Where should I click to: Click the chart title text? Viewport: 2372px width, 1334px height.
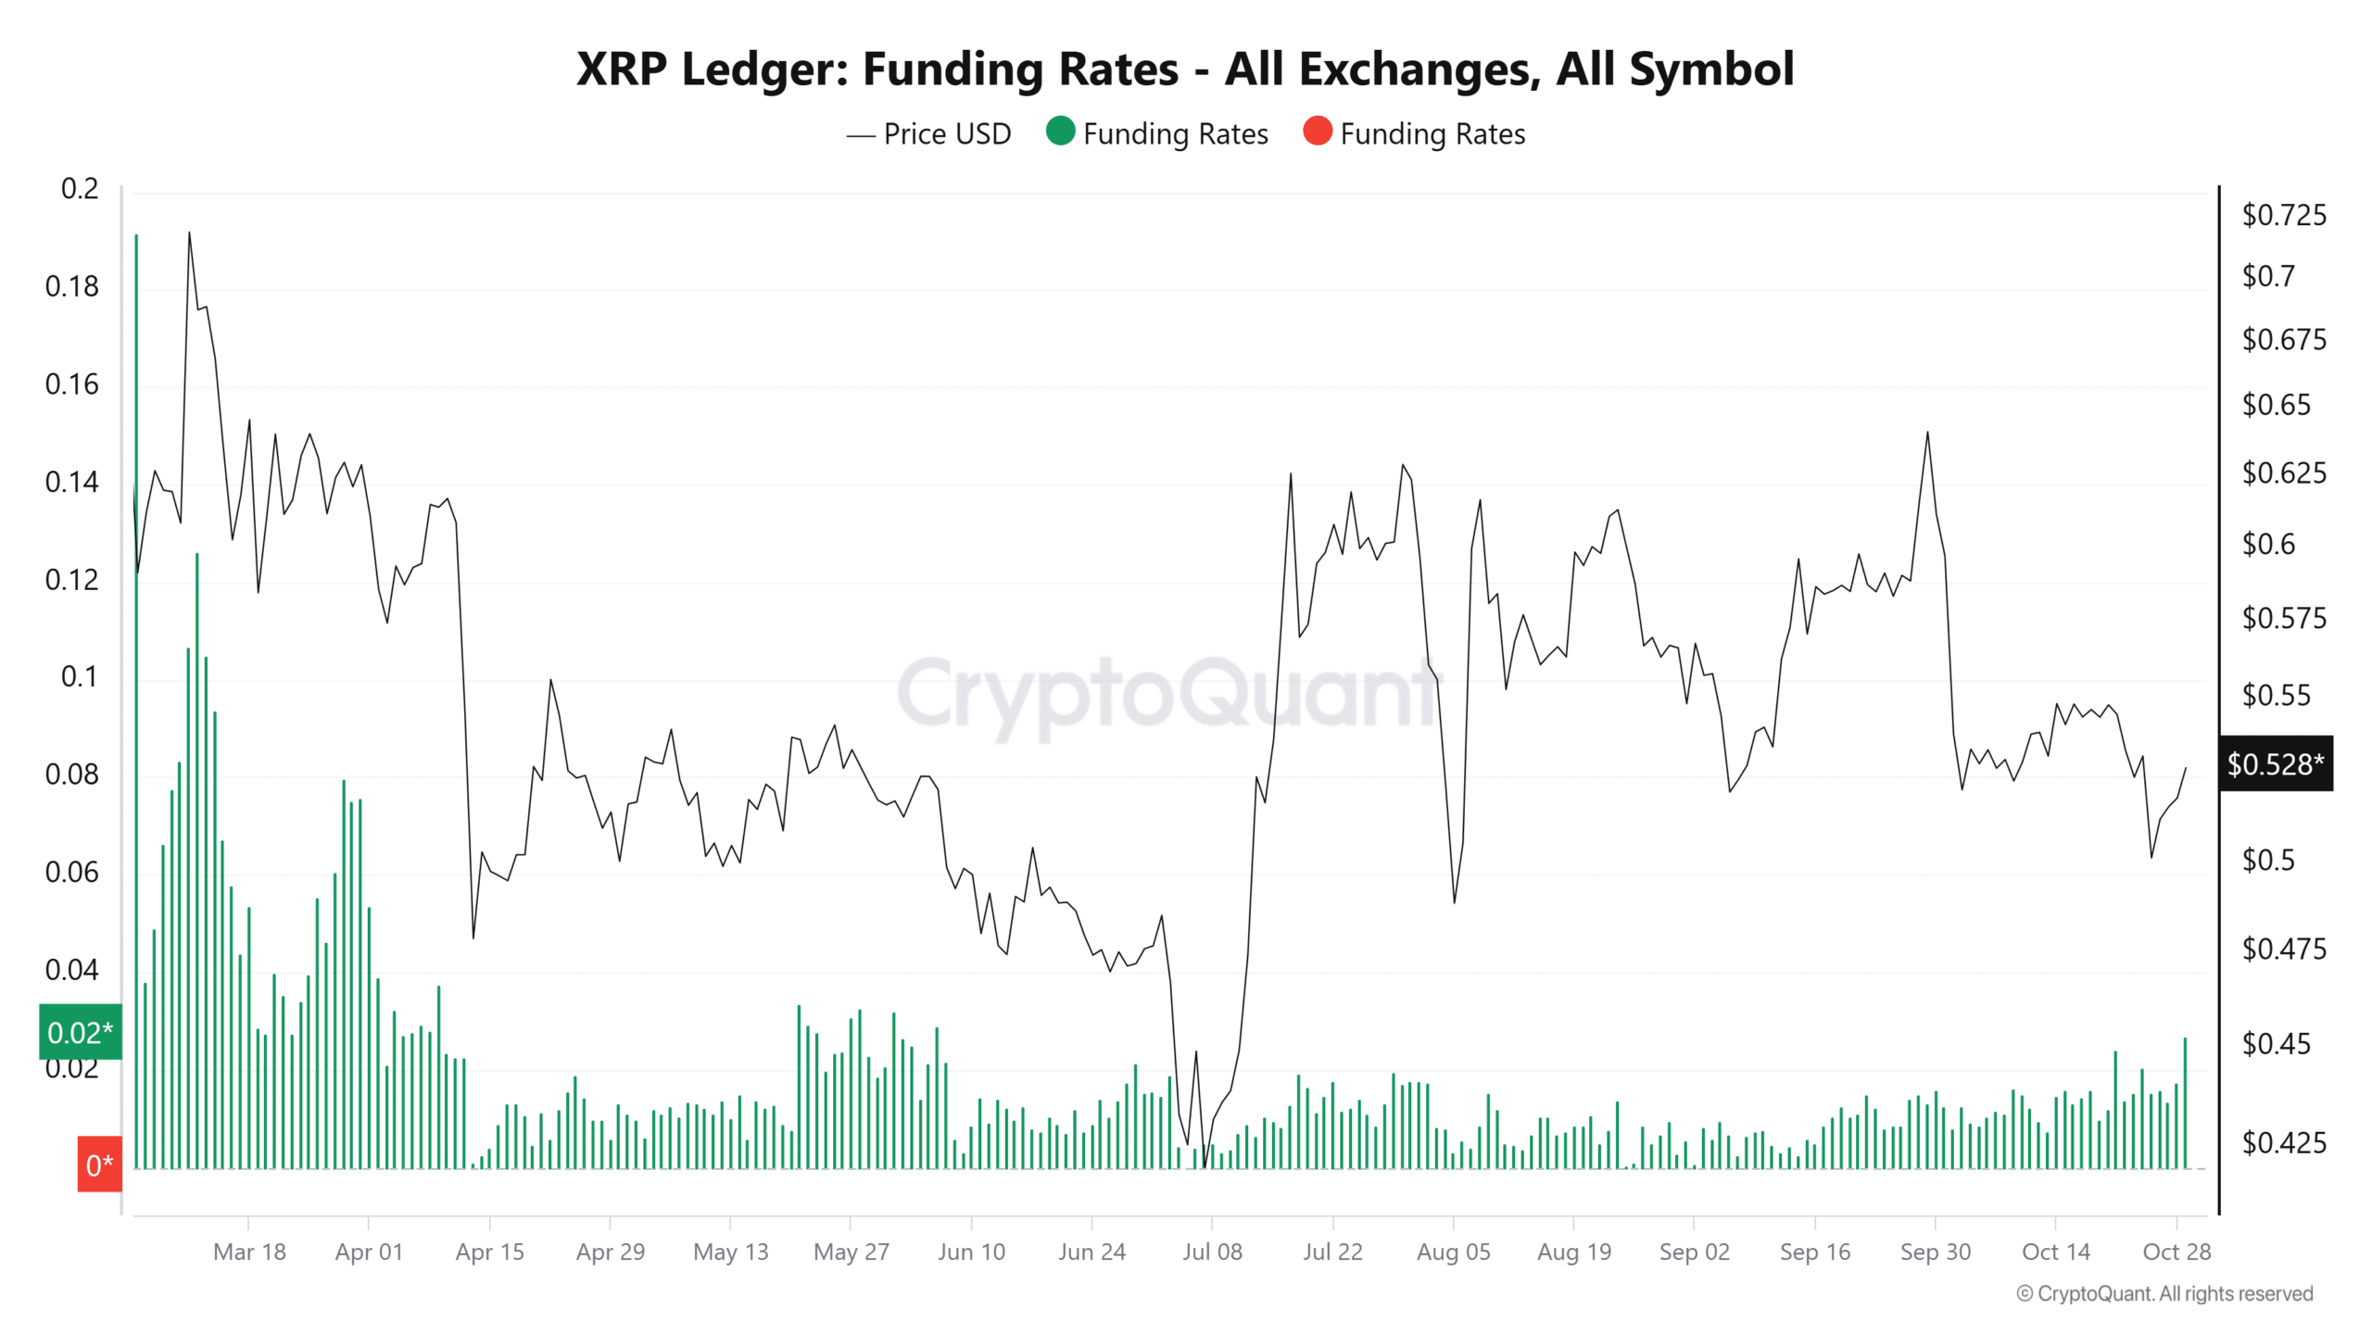coord(1184,69)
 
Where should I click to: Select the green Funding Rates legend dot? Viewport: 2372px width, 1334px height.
coord(1060,132)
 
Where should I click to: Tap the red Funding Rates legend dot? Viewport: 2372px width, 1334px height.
coord(1317,132)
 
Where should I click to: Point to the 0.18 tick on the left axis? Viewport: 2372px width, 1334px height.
coord(71,287)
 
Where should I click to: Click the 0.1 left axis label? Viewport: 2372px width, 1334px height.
coord(79,677)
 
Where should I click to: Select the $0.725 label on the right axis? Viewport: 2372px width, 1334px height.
coord(2283,216)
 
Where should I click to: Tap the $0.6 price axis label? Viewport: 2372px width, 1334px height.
coord(2268,545)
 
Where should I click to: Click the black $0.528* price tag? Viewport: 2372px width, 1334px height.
coord(2275,764)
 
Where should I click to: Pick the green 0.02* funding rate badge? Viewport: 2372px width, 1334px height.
coord(81,1032)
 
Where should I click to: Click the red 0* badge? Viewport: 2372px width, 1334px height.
coord(99,1164)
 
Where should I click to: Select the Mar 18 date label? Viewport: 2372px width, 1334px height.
coord(249,1252)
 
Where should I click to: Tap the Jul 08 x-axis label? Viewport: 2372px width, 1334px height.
coord(1212,1252)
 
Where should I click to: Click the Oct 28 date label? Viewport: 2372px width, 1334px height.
coord(2176,1252)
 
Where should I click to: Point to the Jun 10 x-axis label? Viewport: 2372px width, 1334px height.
coord(971,1252)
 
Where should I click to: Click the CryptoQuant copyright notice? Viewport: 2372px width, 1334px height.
coord(2164,1294)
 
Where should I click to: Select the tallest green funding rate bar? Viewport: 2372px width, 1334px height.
coord(136,648)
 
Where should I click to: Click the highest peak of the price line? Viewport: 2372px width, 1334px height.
coord(189,234)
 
